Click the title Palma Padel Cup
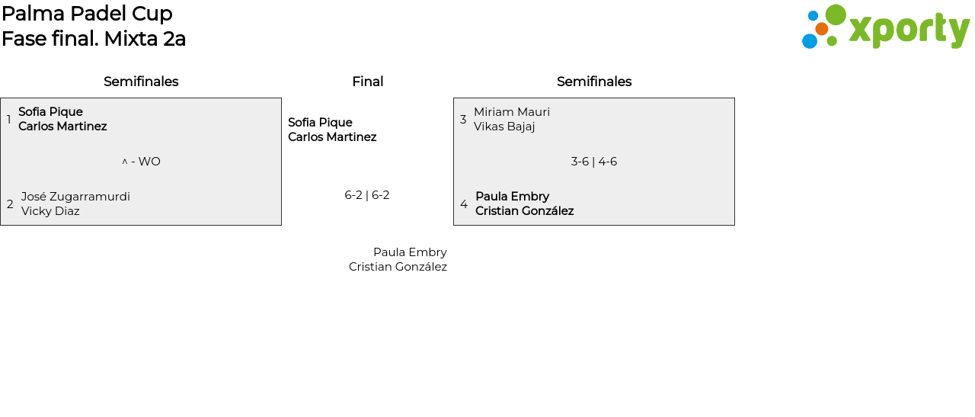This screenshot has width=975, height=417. [87, 14]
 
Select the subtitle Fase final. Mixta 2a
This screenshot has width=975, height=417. [94, 39]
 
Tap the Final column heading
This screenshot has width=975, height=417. [367, 82]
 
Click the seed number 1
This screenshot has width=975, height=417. [9, 120]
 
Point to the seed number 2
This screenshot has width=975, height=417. [10, 204]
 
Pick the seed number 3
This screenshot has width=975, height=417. [463, 120]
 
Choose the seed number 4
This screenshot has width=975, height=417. [464, 204]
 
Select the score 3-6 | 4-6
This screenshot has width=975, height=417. [594, 162]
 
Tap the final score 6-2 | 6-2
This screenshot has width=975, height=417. [367, 195]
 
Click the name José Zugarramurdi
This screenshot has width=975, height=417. [75, 197]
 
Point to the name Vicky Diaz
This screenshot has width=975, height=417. [50, 211]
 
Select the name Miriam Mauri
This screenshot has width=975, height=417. [512, 112]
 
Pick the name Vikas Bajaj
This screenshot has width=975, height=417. [504, 127]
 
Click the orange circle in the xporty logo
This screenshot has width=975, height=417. [822, 29]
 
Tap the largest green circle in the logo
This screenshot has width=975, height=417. [836, 15]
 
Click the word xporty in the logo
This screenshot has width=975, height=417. [909, 30]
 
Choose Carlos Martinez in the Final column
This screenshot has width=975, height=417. [332, 137]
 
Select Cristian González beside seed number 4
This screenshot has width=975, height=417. [524, 211]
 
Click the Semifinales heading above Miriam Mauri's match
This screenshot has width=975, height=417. [594, 82]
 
